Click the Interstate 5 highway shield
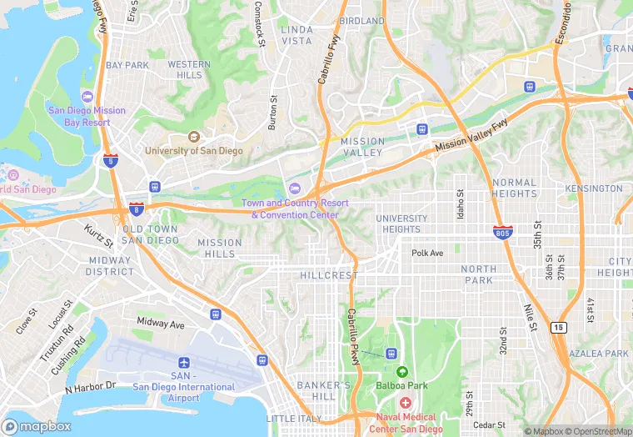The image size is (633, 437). [x=111, y=161]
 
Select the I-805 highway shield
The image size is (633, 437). [x=501, y=234]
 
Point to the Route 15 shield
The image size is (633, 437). [x=556, y=327]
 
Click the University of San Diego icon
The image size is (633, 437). [x=194, y=137]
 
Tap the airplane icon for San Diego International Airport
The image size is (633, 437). [x=184, y=363]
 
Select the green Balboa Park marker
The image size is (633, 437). [x=402, y=372]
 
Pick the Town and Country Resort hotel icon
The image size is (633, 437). [x=294, y=188]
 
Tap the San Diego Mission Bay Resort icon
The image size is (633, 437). [x=87, y=97]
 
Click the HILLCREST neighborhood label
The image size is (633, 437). [x=329, y=275]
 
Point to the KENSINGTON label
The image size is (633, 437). [x=593, y=188]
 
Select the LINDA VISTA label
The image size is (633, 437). [x=297, y=35]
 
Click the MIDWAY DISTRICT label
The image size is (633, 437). [x=110, y=266]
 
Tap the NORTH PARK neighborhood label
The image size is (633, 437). [x=478, y=274]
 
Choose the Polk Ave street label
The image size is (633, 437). [x=427, y=252]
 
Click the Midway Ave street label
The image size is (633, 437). [x=160, y=323]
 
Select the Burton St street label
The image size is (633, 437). [x=272, y=113]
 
